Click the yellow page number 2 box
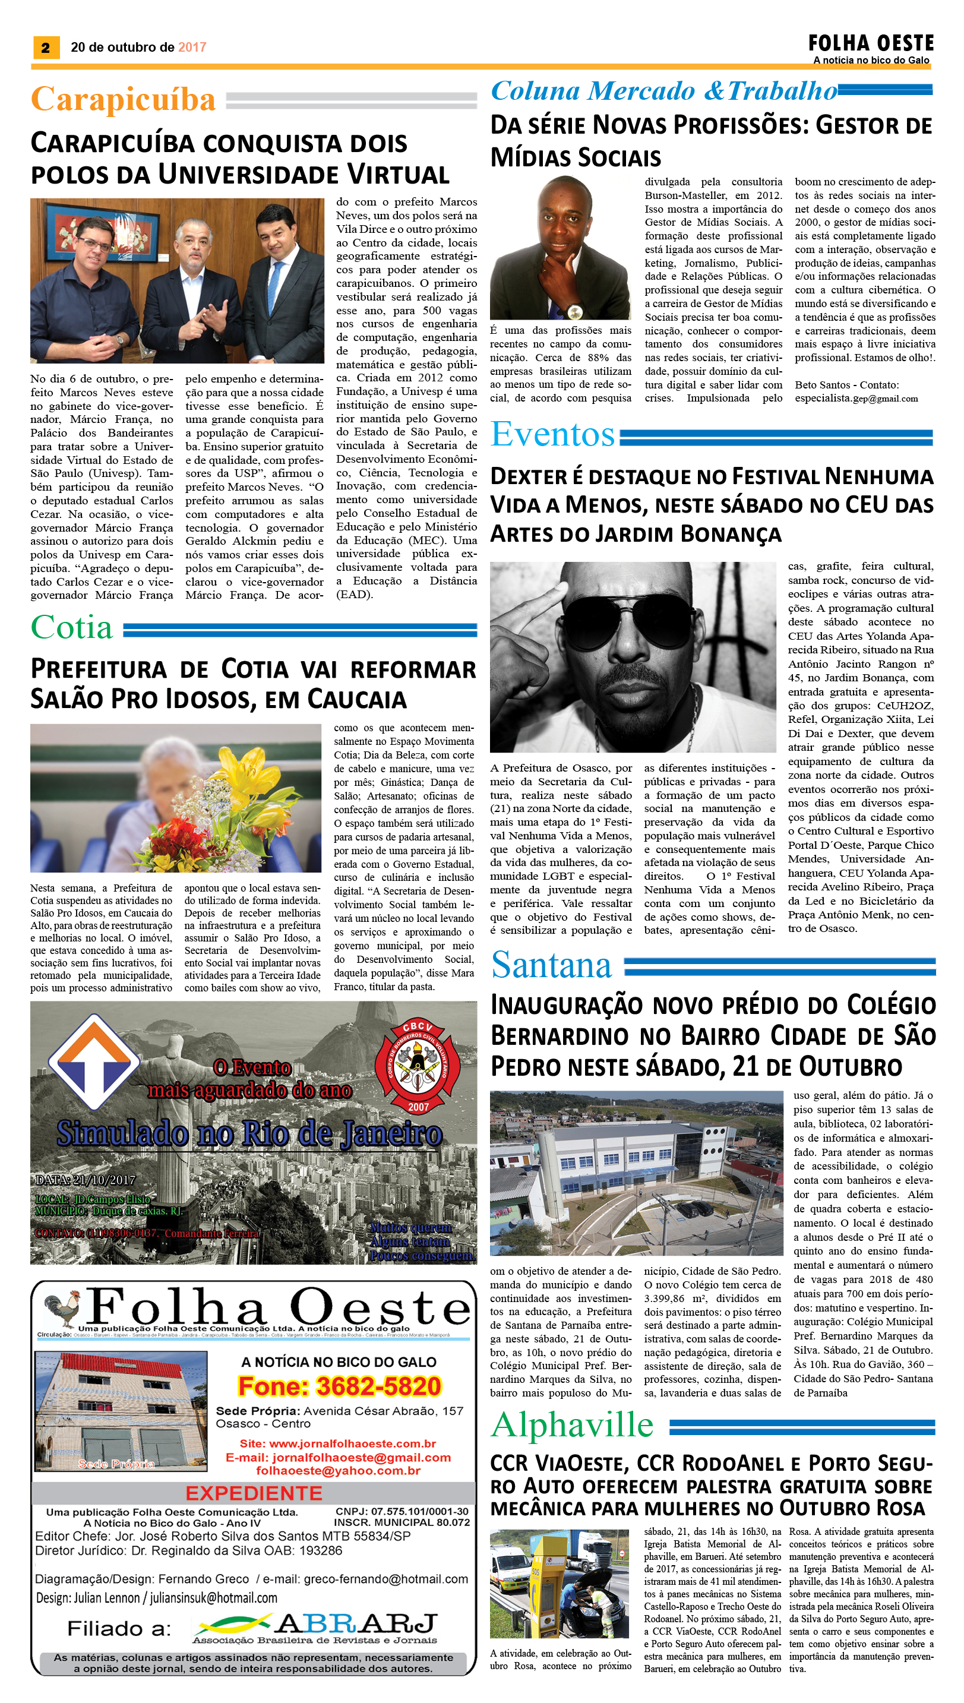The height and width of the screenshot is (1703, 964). (45, 47)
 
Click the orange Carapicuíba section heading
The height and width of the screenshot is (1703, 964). (123, 99)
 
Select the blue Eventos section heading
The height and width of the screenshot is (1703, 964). (552, 435)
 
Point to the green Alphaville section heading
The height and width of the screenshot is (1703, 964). (572, 1425)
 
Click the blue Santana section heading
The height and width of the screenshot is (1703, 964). (551, 966)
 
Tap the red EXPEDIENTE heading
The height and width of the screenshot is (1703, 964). (254, 1493)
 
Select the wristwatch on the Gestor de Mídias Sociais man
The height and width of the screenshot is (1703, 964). (573, 311)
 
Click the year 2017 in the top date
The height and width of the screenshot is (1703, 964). (192, 47)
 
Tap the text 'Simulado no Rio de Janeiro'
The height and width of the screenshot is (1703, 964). (249, 1133)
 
